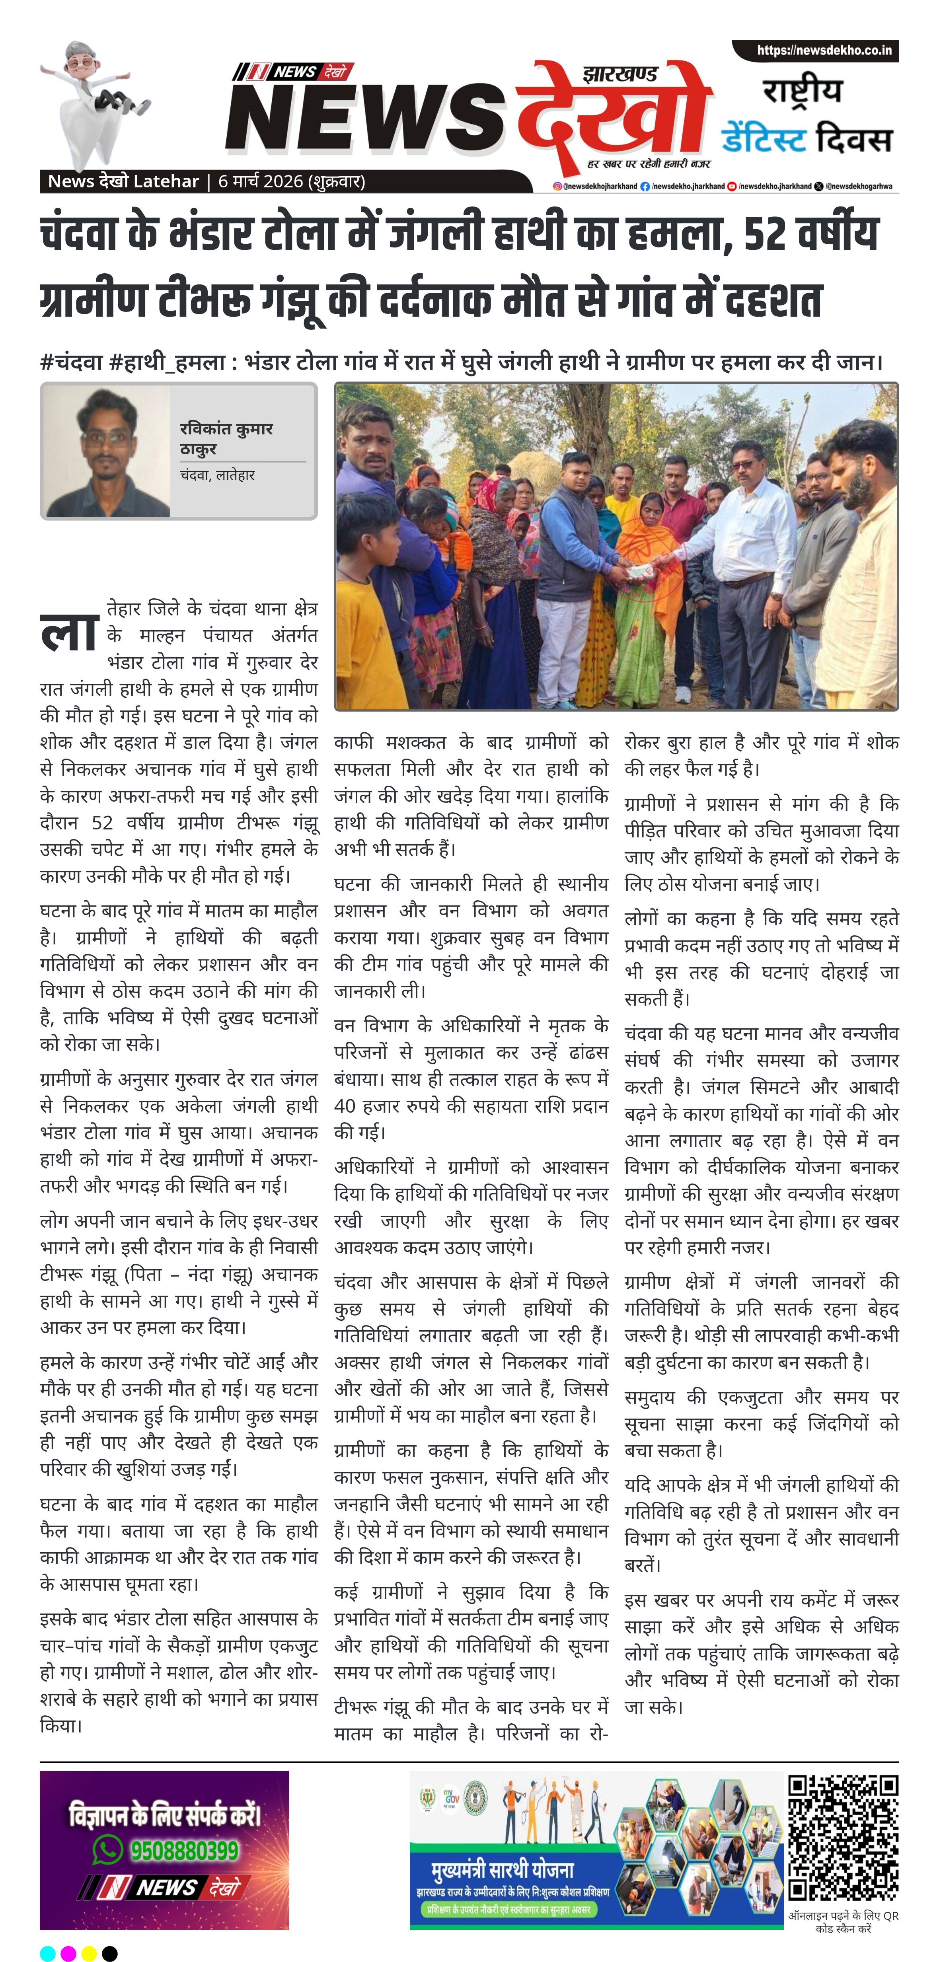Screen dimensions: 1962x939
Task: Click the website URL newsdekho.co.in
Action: tap(823, 50)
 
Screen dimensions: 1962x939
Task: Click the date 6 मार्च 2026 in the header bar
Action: tap(291, 181)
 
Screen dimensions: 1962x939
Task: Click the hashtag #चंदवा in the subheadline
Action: tap(71, 361)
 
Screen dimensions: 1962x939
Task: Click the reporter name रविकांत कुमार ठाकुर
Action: tap(226, 438)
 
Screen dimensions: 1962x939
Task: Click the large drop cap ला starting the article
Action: tap(68, 631)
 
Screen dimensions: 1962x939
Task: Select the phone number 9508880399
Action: tap(184, 1850)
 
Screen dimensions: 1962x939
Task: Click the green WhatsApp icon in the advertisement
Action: tap(107, 1849)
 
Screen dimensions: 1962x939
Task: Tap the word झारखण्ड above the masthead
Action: tap(619, 74)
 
